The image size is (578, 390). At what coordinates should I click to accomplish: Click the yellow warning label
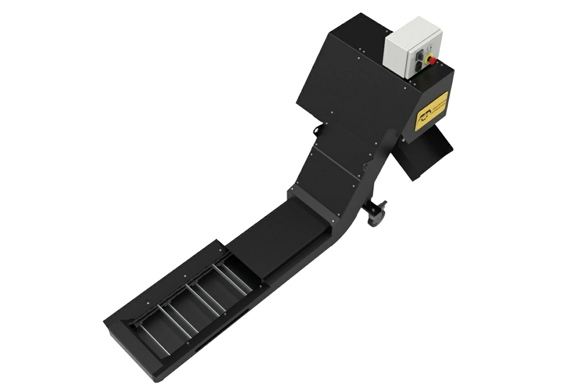click(431, 111)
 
